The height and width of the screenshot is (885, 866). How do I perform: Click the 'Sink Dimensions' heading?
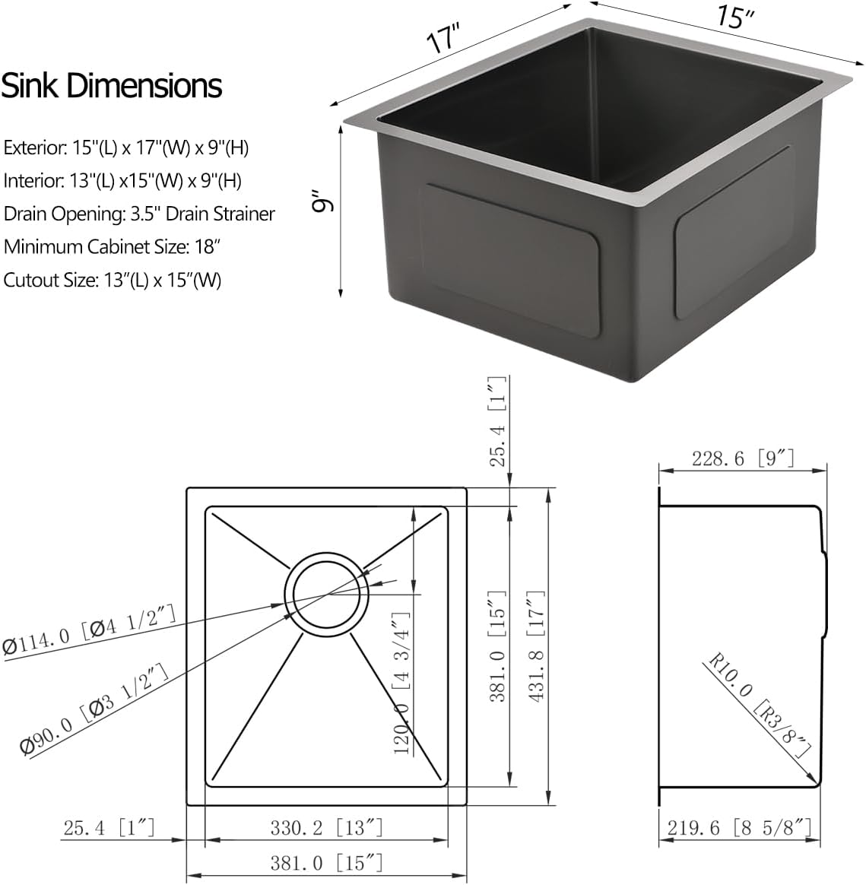click(112, 86)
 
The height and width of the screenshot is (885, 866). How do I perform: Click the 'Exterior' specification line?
click(126, 147)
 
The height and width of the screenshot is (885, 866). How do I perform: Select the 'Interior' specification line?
click(122, 181)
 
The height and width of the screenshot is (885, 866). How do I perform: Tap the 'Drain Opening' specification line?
click(139, 214)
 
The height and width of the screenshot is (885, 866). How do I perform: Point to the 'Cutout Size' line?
click(113, 280)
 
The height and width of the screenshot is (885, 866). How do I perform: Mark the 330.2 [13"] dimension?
click(326, 827)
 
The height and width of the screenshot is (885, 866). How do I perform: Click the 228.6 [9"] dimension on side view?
click(743, 458)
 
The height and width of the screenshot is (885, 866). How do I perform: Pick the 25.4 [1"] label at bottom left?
click(109, 827)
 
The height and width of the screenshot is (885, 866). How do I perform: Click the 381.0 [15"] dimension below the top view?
click(326, 863)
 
